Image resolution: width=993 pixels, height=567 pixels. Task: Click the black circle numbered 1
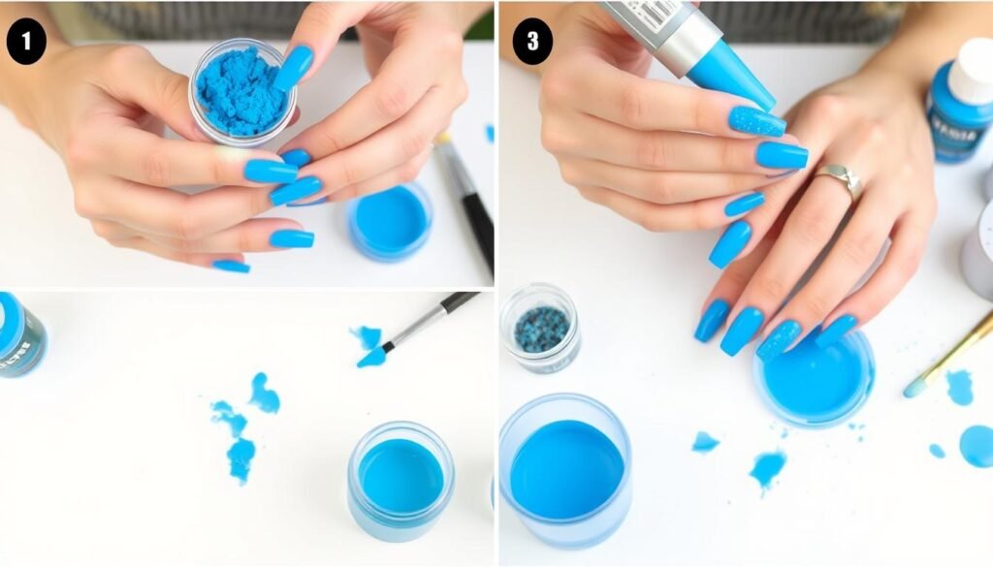pos(25,44)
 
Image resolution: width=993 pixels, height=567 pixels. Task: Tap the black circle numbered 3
pos(532,44)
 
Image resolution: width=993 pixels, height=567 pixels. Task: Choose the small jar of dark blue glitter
pos(540,328)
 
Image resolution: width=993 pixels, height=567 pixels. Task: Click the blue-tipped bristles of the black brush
pos(371,357)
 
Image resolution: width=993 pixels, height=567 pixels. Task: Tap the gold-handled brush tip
pos(914,388)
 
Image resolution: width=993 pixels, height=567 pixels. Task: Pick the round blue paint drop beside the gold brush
pos(977,446)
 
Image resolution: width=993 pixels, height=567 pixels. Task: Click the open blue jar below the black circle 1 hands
pos(390,222)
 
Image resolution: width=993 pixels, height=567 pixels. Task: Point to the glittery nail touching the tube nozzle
pos(756,121)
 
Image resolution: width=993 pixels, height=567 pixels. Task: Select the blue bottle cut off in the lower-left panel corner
pos(19,334)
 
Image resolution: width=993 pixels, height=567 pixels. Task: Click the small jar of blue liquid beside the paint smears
pos(400,479)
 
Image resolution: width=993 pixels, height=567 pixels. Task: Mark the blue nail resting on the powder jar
pos(294,68)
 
